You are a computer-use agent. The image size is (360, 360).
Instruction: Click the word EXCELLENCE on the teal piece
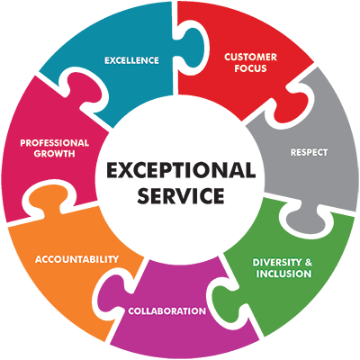131,60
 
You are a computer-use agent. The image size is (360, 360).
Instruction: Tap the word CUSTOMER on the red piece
250,57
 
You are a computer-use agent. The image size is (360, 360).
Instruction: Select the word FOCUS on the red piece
250,68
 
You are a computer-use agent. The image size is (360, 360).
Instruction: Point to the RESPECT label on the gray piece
309,152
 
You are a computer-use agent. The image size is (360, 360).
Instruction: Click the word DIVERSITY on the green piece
276,263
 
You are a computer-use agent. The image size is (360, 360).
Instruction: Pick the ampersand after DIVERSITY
308,263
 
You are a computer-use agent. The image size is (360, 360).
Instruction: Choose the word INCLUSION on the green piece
283,274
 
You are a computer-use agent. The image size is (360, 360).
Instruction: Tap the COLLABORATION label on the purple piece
167,310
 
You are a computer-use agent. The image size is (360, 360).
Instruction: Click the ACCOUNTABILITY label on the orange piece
76,259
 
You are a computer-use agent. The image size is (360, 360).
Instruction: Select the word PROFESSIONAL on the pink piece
55,143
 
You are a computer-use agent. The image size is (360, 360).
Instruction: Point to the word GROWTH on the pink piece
54,154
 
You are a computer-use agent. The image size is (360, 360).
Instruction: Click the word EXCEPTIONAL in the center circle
181,170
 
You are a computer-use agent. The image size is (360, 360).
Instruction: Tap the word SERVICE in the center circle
181,195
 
